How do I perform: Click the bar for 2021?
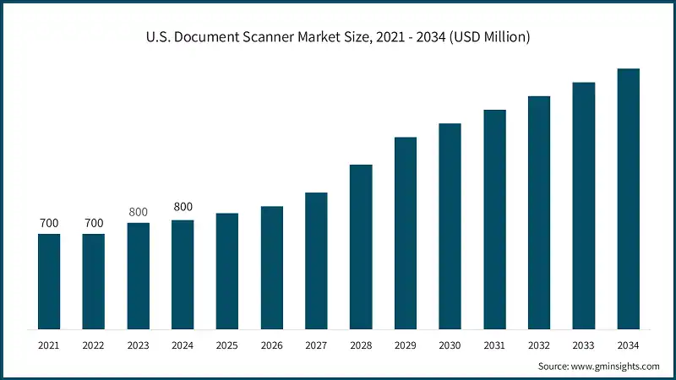pos(49,281)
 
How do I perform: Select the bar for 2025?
pos(227,271)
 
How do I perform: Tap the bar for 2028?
pos(361,247)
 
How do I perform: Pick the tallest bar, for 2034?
pos(628,198)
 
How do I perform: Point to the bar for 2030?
pos(450,226)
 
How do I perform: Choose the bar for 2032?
pos(539,212)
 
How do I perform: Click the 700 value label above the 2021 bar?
pos(49,223)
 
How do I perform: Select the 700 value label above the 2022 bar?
pos(94,223)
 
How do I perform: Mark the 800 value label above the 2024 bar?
pos(183,206)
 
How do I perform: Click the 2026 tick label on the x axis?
pos(272,346)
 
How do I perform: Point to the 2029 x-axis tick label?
pos(406,346)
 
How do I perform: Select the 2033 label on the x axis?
pos(584,346)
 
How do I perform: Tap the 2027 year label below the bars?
pos(316,346)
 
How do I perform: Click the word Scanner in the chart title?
pos(270,38)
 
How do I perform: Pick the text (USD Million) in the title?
pos(484,38)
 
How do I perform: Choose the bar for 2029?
pos(406,233)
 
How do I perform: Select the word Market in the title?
pos(324,38)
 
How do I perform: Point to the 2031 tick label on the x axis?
pos(494,346)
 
